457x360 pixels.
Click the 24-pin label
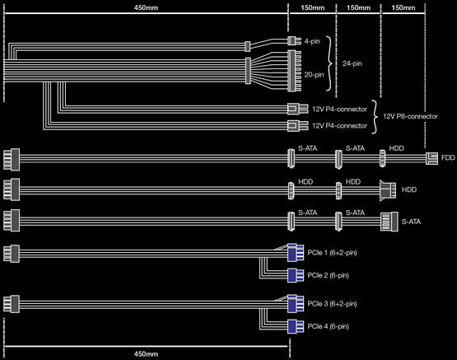(x=352, y=63)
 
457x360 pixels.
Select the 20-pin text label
(x=314, y=75)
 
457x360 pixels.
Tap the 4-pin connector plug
(x=294, y=41)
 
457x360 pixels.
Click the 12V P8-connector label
(x=410, y=116)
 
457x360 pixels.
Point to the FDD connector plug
(x=431, y=158)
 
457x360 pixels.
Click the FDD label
(x=448, y=157)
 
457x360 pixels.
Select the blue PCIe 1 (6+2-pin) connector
(x=296, y=252)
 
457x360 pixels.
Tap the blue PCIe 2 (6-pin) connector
(x=296, y=275)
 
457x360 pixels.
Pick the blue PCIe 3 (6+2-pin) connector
(x=296, y=303)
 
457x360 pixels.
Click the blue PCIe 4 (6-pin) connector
(x=296, y=326)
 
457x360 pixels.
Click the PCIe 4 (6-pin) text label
(x=329, y=326)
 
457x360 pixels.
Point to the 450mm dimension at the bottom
(x=146, y=354)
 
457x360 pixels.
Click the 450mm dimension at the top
(x=146, y=7)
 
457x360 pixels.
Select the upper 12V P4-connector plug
(x=297, y=109)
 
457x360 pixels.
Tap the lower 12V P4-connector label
(x=339, y=126)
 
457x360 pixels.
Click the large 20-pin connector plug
(x=294, y=71)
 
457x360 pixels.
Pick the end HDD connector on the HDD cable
(x=388, y=190)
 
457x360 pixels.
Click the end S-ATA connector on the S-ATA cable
(x=389, y=222)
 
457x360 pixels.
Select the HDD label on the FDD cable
(x=396, y=148)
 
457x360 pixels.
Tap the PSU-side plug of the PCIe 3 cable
(x=12, y=304)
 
